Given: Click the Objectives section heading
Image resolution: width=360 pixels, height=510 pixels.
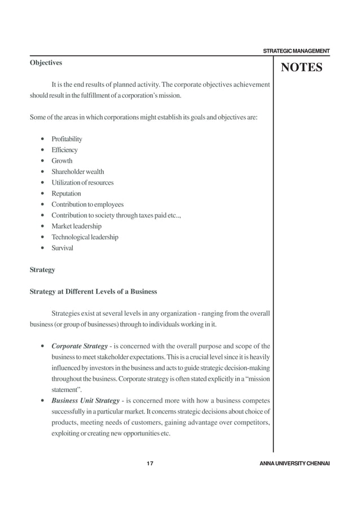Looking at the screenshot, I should coord(46,63).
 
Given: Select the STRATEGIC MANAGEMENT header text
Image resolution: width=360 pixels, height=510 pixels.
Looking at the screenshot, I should coord(296,51).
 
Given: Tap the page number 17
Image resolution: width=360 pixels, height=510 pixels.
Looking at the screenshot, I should coord(150,463).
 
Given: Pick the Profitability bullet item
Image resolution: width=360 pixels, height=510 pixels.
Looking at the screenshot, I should coord(67,139).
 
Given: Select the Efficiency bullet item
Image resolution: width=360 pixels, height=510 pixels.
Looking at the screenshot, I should coord(64,150).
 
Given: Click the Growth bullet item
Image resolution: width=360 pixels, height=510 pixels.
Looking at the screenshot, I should coord(62,160).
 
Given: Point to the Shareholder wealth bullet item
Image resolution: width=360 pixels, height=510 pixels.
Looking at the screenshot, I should coord(77,172).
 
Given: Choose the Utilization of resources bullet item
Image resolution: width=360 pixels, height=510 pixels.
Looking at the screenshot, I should coord(82,182).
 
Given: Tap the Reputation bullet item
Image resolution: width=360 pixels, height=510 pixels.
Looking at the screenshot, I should coord(66,193).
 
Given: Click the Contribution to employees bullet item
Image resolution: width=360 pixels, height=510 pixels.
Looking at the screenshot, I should coord(87,204).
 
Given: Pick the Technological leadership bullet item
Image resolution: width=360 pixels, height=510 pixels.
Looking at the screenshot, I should coord(85,237).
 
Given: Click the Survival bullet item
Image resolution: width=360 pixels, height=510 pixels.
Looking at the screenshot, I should coord(62,248).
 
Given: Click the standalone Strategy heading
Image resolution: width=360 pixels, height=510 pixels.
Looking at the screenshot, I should coord(42,270).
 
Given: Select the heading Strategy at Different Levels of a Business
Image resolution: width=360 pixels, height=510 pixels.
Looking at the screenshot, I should coord(93,292).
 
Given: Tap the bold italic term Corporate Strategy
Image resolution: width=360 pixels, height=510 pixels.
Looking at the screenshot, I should coord(80,346).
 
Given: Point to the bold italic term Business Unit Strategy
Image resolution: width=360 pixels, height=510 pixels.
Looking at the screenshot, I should coord(85,400).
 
